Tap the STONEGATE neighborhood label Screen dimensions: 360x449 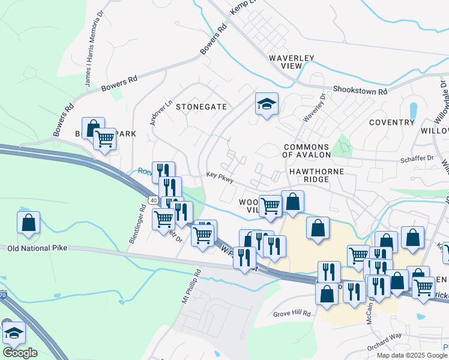click(x=201, y=106)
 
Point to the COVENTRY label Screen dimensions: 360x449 click(x=392, y=122)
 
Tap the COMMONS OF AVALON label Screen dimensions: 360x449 click(x=306, y=151)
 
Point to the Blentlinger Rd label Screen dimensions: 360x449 click(x=136, y=225)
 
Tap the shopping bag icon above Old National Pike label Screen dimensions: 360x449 click(x=28, y=223)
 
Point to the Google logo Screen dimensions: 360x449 click(x=19, y=352)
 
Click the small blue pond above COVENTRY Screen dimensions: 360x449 click(x=413, y=110)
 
